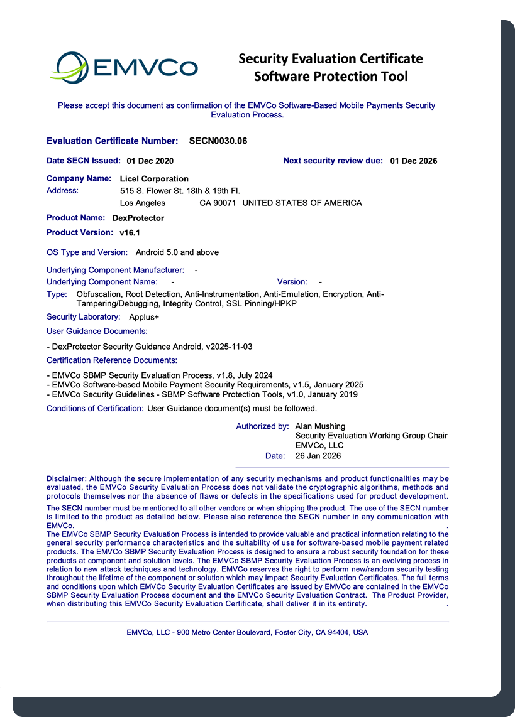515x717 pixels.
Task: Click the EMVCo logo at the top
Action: click(x=126, y=67)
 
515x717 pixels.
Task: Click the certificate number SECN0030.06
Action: click(x=218, y=141)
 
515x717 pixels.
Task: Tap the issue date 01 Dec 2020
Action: click(x=150, y=161)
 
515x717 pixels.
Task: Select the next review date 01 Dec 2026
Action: click(x=414, y=161)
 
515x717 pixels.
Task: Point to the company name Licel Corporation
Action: click(x=154, y=179)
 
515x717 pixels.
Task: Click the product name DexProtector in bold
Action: click(x=138, y=218)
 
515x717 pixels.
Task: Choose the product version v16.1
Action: click(x=130, y=233)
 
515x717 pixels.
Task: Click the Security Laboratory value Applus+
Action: click(x=144, y=317)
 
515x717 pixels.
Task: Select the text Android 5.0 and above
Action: click(x=177, y=252)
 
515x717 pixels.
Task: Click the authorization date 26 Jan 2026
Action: click(x=318, y=456)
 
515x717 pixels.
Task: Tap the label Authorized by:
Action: click(x=262, y=426)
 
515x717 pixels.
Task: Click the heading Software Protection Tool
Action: click(x=331, y=77)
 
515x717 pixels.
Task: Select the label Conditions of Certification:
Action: click(x=95, y=409)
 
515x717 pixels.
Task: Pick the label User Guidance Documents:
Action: click(x=97, y=331)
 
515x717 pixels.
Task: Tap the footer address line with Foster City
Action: click(x=247, y=632)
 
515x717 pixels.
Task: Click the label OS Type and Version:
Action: click(x=87, y=252)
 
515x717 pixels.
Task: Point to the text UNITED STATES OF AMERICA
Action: click(x=302, y=203)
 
